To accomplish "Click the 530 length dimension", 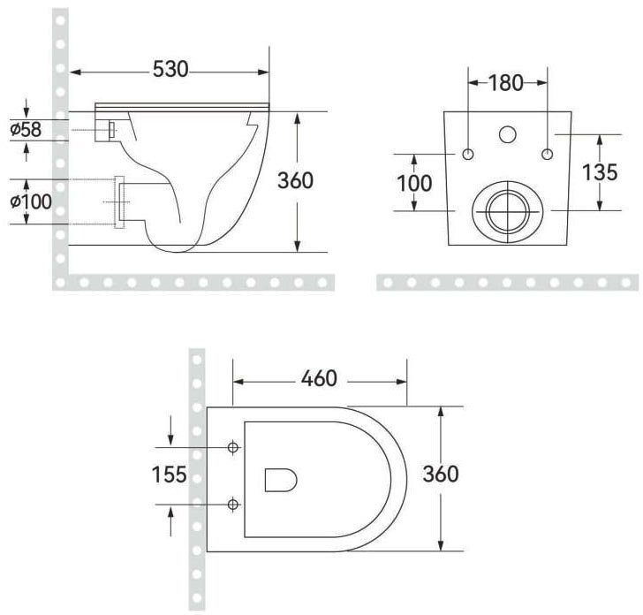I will click(170, 69).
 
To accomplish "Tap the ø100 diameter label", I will click(31, 201).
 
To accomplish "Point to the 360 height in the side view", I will click(295, 180).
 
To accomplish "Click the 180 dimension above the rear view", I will click(506, 83).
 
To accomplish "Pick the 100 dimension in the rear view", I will click(414, 183).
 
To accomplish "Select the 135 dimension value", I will click(600, 172).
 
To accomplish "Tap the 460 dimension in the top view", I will click(319, 378).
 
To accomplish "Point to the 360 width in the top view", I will click(439, 474).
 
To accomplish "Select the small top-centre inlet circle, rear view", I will click(508, 135).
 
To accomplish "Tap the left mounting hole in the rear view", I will click(468, 155).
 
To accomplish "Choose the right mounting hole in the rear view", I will click(548, 155).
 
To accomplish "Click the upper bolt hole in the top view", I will click(233, 447).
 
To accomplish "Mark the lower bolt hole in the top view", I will click(233, 504).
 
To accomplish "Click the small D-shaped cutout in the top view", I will click(280, 480).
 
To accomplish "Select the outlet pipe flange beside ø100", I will click(120, 202).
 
